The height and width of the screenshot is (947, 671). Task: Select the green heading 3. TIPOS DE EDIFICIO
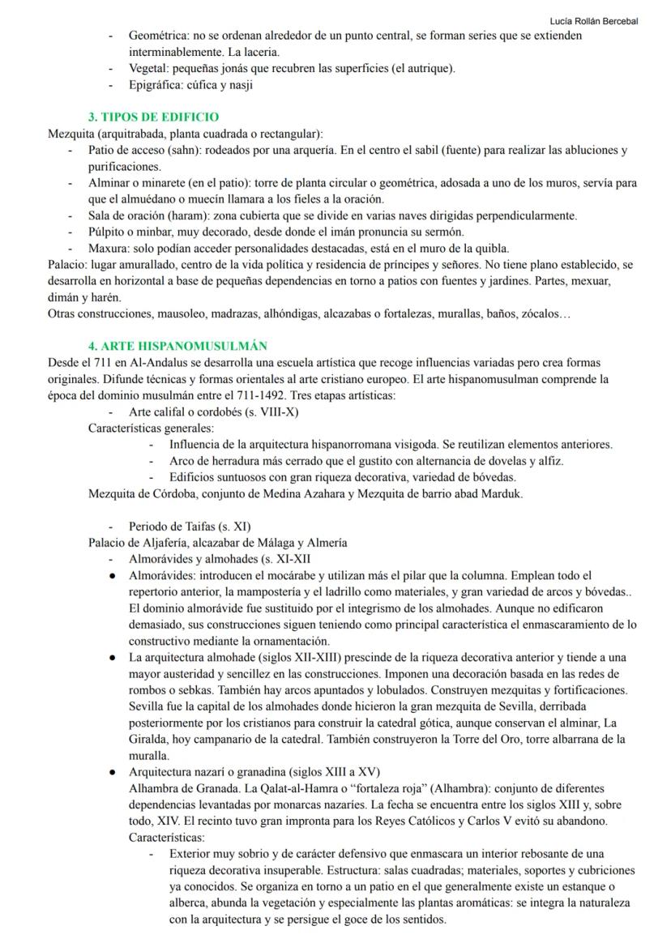(x=153, y=117)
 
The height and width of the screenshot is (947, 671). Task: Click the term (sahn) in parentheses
(x=177, y=151)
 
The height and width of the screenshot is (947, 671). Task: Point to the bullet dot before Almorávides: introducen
(x=113, y=574)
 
